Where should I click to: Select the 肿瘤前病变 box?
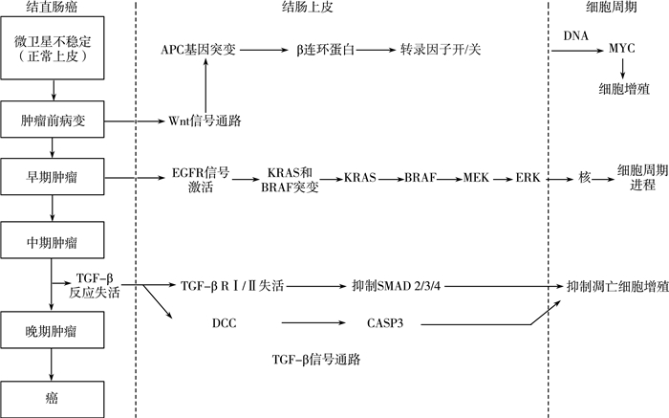coord(54,121)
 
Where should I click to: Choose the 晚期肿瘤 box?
coord(54,332)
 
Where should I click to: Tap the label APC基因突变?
coord(202,46)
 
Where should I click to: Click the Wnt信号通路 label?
coord(205,121)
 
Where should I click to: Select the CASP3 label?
coord(385,325)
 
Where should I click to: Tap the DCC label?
coord(225,325)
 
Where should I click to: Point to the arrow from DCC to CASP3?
coord(304,325)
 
